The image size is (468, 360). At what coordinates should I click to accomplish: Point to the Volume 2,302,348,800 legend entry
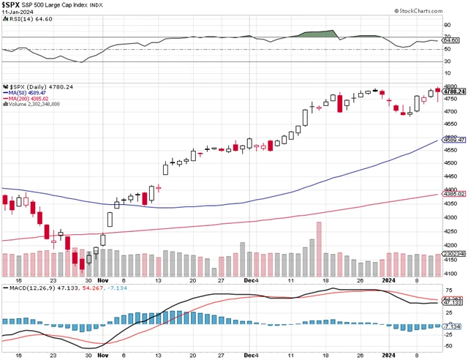click(x=33, y=105)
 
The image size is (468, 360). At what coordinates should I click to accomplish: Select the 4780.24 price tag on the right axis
click(x=453, y=91)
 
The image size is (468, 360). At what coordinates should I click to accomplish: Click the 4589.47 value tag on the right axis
click(x=453, y=139)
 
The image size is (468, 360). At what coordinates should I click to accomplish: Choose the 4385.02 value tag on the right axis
click(x=453, y=194)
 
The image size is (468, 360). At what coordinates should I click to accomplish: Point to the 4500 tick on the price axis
click(x=450, y=163)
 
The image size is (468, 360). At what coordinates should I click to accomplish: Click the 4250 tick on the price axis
click(x=450, y=230)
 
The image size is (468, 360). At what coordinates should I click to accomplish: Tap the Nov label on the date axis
click(x=102, y=280)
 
